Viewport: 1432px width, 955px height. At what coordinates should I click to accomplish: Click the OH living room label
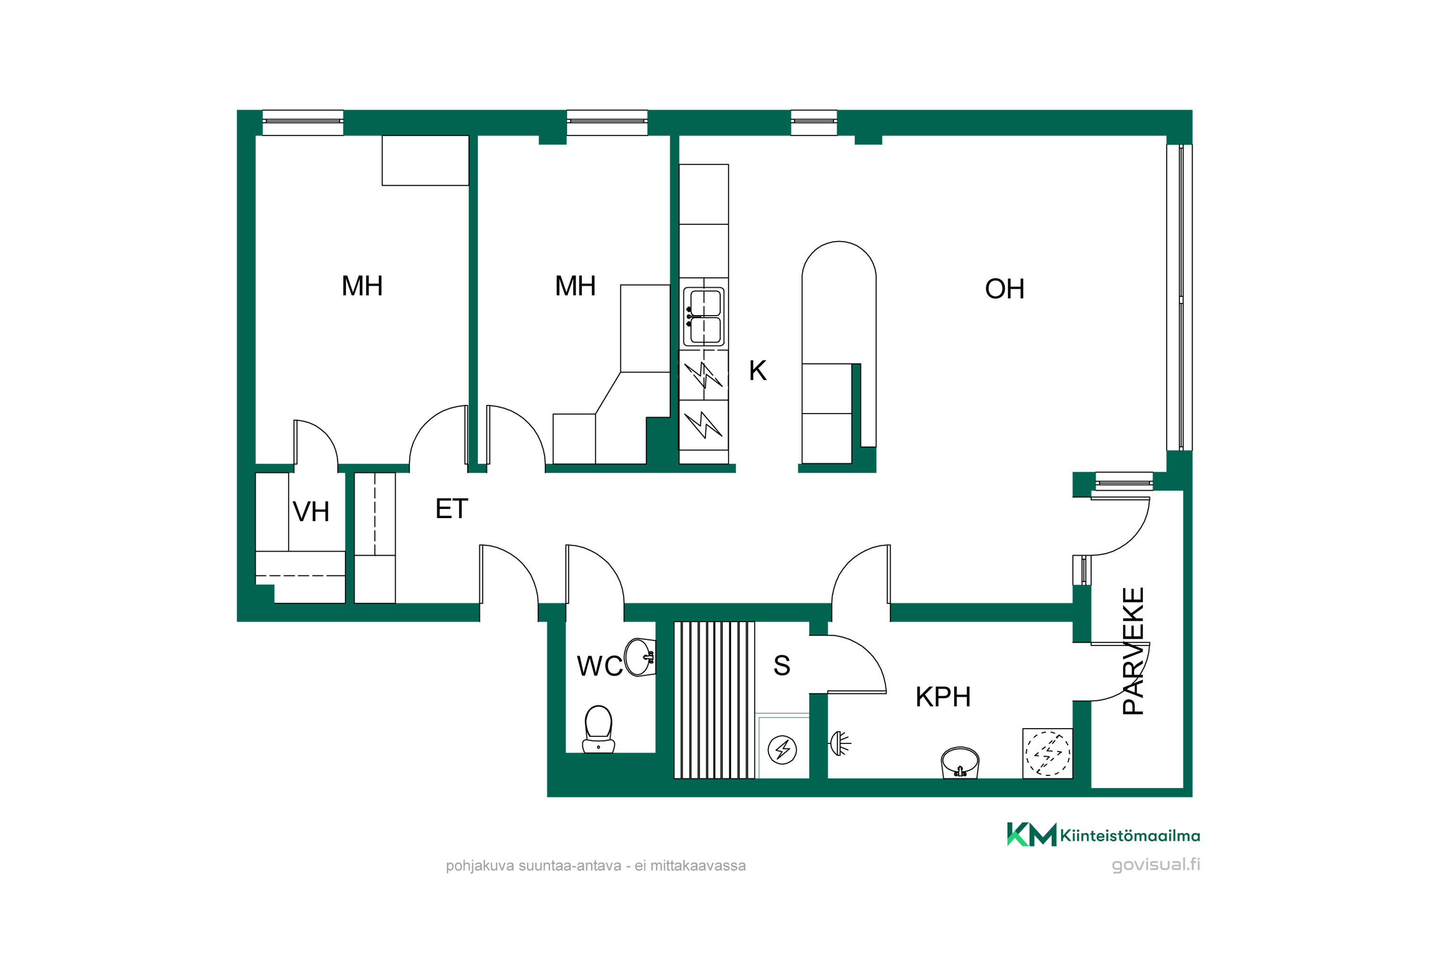click(x=1005, y=289)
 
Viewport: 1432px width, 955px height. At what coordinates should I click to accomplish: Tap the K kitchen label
click(x=758, y=371)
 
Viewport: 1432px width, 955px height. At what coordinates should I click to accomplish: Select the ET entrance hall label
click(x=452, y=509)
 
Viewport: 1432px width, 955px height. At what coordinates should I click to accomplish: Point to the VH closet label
click(x=311, y=511)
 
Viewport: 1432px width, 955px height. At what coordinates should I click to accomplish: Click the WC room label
click(x=600, y=666)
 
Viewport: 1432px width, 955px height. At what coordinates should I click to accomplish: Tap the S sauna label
click(x=782, y=666)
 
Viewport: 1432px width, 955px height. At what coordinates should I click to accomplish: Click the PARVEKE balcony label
click(x=1133, y=650)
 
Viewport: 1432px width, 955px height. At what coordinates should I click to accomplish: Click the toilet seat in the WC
click(x=599, y=729)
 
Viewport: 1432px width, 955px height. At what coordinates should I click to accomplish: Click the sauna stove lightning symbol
click(x=782, y=750)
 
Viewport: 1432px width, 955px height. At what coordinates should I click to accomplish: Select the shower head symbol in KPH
click(x=840, y=743)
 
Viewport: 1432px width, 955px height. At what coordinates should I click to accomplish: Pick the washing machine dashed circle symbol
click(x=1048, y=754)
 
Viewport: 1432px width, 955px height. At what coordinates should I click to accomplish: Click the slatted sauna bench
click(x=714, y=700)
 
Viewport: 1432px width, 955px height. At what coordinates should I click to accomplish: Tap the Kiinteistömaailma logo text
click(x=1130, y=836)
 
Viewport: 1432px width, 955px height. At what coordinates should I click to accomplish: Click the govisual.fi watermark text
click(x=1156, y=865)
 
